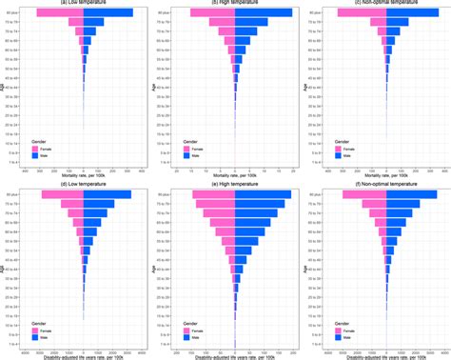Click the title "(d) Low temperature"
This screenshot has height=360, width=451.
pyautogui.click(x=84, y=183)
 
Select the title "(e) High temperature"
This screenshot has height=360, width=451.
pyautogui.click(x=234, y=183)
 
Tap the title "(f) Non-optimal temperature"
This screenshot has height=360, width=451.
pyautogui.click(x=384, y=183)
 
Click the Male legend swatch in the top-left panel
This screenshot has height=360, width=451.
pyautogui.click(x=36, y=156)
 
